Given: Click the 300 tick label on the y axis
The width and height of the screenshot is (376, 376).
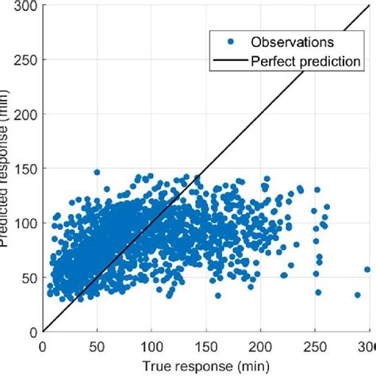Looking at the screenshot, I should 24,6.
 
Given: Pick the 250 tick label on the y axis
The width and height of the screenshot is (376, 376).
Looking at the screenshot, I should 24,60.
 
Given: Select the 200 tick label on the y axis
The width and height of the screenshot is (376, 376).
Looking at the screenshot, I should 24,115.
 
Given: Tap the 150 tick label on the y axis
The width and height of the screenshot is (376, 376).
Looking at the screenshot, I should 24,169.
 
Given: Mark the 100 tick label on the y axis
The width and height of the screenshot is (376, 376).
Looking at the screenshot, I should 24,223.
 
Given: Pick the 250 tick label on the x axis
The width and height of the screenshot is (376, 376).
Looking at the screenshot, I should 315,346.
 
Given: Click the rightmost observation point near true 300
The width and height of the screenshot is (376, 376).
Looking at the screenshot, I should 367,270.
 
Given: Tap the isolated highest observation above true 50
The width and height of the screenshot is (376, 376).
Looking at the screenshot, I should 97,172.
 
